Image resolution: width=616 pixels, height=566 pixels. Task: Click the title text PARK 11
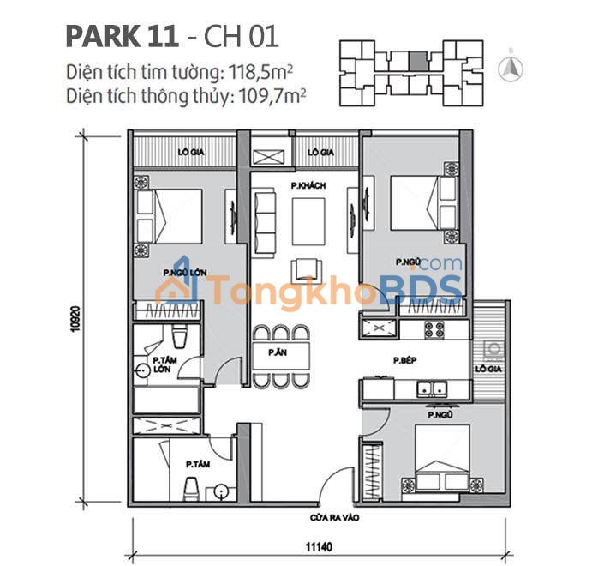[122, 37]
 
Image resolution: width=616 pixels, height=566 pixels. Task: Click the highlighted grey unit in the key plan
[416, 61]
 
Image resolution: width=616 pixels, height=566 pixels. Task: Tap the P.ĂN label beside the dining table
[276, 352]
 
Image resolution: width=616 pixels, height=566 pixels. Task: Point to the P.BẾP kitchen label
[405, 361]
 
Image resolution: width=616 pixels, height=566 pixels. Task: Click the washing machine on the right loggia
[493, 351]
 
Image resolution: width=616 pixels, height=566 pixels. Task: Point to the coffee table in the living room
[308, 222]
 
